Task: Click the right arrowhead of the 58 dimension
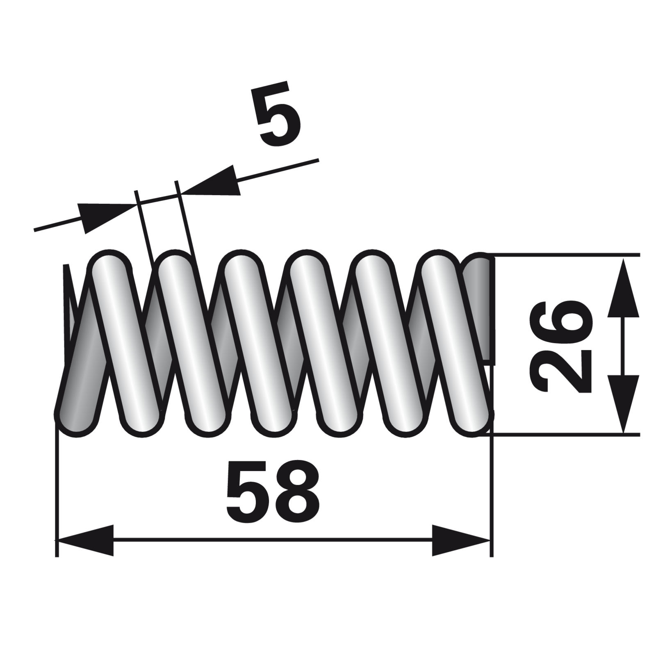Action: [461, 540]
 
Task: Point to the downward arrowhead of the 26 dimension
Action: [623, 404]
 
